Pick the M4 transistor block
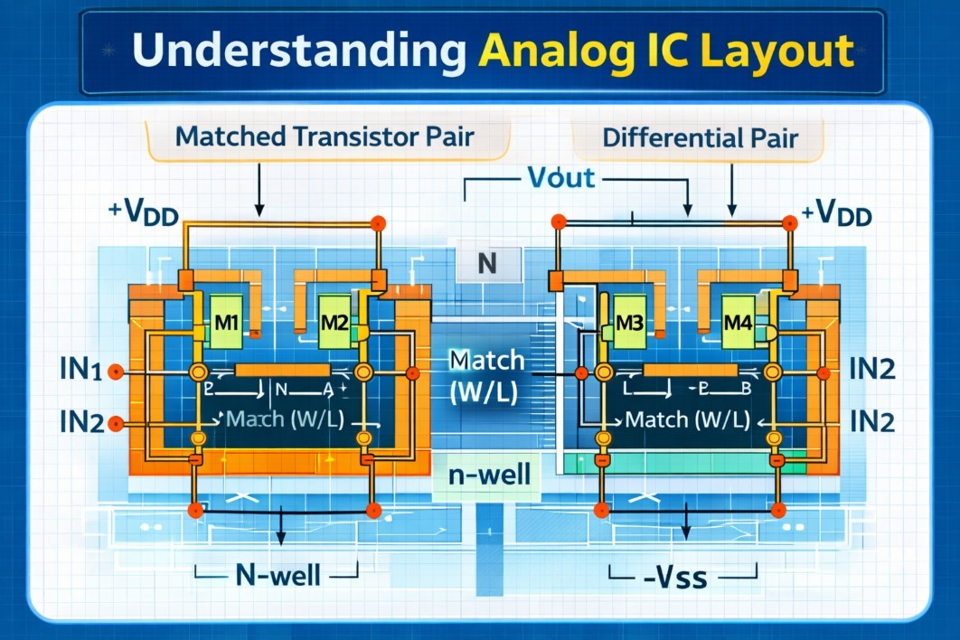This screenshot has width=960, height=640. tap(741, 322)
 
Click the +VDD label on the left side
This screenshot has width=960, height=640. tap(145, 213)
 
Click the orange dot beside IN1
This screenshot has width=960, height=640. tap(115, 371)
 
